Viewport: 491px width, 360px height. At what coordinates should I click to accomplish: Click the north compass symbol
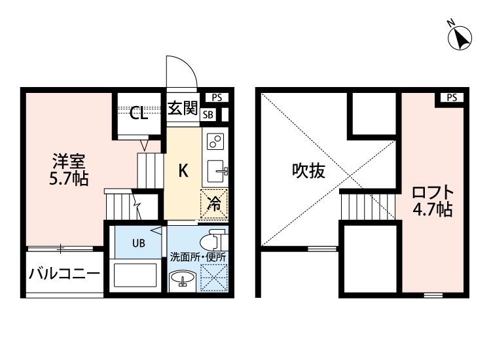click(x=460, y=37)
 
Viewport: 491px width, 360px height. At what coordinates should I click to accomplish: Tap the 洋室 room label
click(x=69, y=161)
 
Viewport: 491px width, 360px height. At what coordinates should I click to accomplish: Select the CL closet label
click(x=139, y=113)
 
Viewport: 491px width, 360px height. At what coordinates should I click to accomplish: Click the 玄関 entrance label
click(x=183, y=108)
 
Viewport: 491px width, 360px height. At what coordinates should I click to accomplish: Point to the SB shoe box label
click(x=208, y=115)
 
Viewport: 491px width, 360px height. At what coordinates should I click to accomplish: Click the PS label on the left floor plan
click(x=217, y=98)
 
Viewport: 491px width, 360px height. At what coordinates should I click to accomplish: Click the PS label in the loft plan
click(x=452, y=98)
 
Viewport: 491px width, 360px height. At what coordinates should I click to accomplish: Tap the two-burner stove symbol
click(x=215, y=141)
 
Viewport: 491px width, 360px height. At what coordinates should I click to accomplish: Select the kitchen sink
click(x=216, y=171)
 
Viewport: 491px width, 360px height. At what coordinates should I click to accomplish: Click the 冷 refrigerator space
click(x=214, y=204)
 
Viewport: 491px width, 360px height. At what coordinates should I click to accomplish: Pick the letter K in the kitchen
click(x=183, y=171)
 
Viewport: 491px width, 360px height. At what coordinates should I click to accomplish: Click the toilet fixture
click(x=213, y=240)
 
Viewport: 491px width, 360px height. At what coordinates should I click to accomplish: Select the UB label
click(x=139, y=243)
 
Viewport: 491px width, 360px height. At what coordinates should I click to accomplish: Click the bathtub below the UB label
click(x=136, y=275)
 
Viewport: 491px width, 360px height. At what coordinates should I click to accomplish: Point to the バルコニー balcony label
click(x=64, y=274)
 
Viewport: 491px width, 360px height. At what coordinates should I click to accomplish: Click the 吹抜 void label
click(x=309, y=171)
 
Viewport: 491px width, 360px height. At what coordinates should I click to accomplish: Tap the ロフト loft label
click(x=433, y=192)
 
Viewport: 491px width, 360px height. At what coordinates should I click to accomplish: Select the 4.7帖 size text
click(x=433, y=209)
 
